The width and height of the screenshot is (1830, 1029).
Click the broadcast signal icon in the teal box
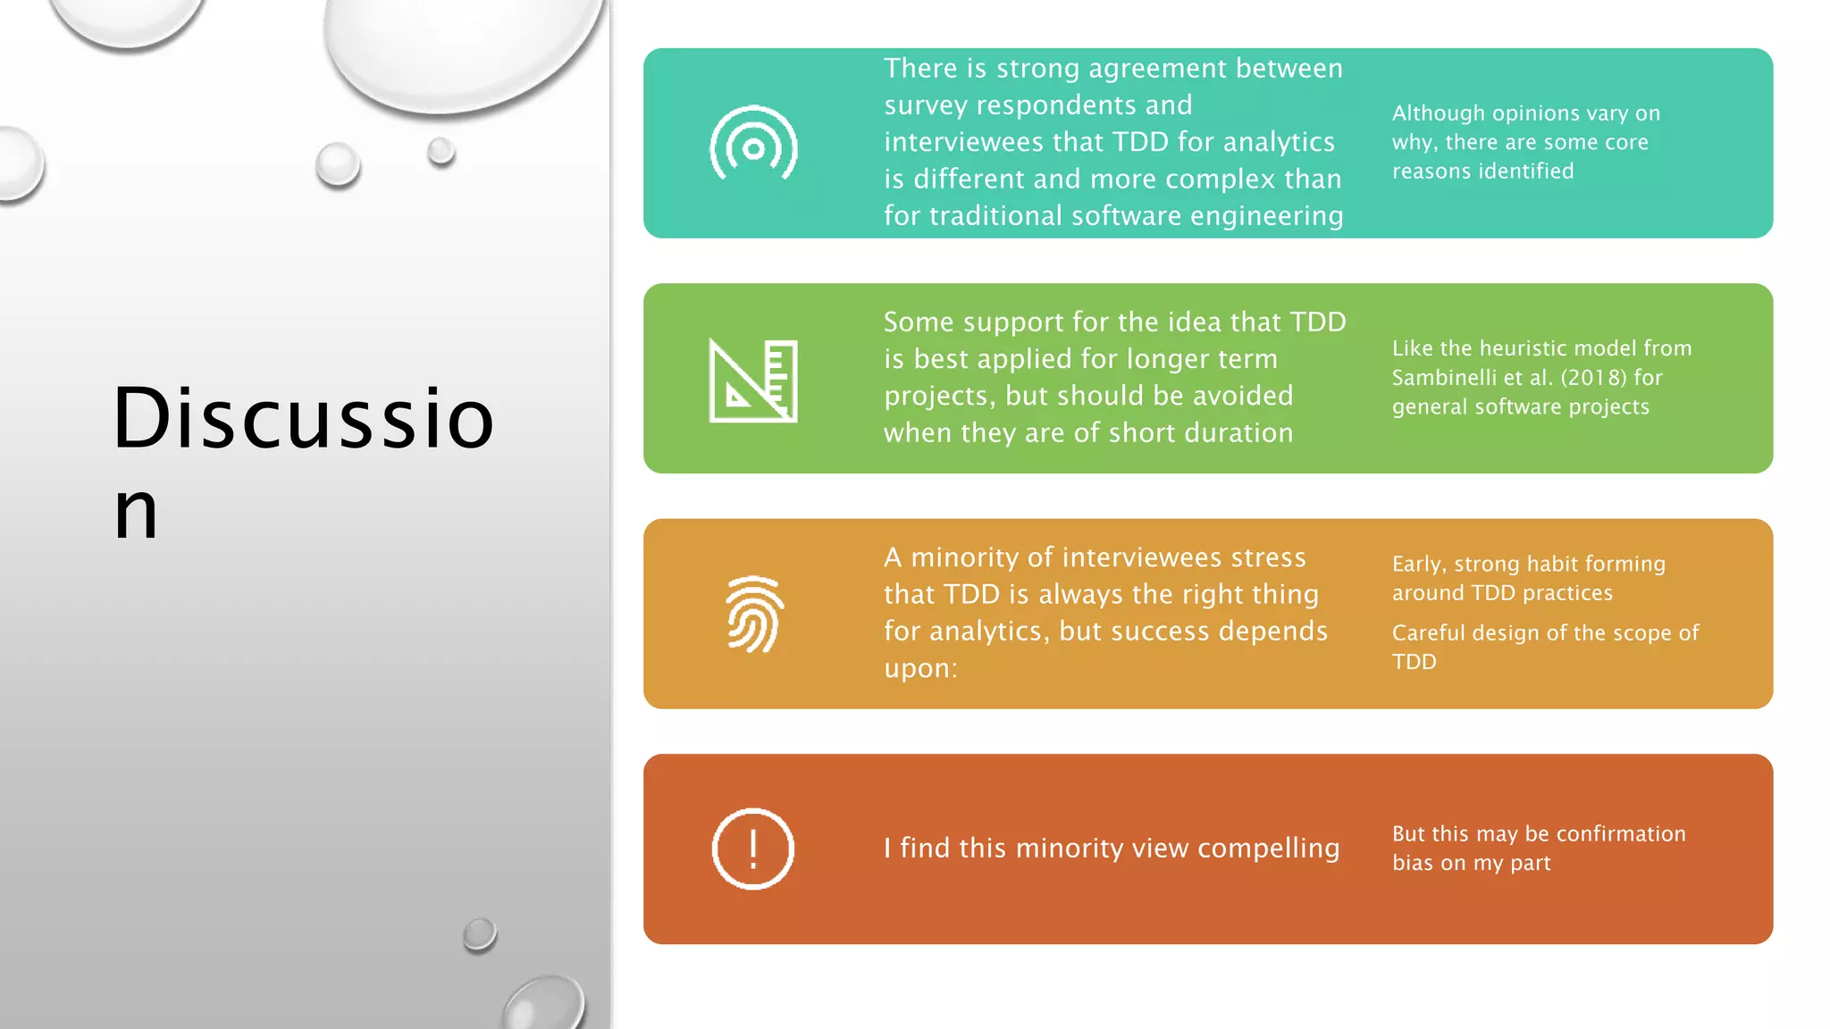coord(753,145)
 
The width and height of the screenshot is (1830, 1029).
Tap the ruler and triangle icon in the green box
coord(753,381)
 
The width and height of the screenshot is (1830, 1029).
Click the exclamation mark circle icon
coord(753,849)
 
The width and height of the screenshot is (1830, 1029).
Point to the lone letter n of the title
coord(136,513)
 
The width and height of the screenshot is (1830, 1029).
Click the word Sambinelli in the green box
coord(1442,378)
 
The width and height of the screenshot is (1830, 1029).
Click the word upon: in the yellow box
coord(920,668)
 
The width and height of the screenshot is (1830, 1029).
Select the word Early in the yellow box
coord(1418,565)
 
